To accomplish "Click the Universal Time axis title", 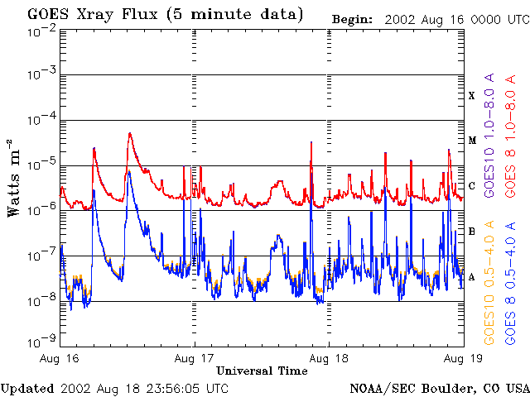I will pos(262,371).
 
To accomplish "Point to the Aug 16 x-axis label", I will pos(58,358).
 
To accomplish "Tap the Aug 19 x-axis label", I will pos(461,358).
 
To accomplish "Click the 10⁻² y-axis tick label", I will pos(41,31).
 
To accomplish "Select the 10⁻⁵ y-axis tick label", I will pos(41,165).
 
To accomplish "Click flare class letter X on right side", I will pos(472,96).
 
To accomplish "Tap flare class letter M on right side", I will pos(472,141).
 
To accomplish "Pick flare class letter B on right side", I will pos(472,232).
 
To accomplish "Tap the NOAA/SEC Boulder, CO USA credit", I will pos(439,388).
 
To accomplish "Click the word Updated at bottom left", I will pos(27,388).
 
